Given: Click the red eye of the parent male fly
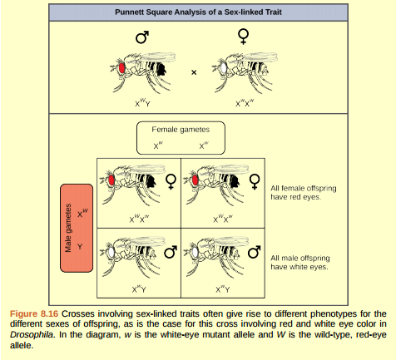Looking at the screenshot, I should pos(121,67).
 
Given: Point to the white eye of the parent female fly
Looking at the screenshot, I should pos(224,67).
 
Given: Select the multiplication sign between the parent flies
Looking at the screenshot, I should pos(194,72).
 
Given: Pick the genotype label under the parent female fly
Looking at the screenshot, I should pos(244,103).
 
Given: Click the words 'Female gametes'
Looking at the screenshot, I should pos(181,131).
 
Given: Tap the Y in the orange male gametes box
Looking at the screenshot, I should pos(81,247).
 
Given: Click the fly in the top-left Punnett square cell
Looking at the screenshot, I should pos(129,185).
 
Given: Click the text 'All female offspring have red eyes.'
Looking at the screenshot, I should pos(295,192).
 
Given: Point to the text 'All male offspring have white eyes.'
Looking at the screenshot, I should pos(299,263).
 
